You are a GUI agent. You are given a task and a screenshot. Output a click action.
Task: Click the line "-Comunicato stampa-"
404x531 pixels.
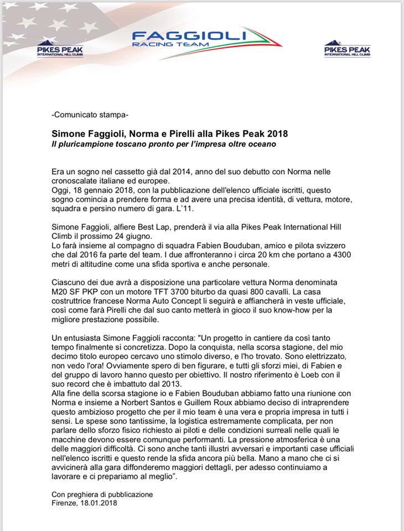(90, 116)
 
